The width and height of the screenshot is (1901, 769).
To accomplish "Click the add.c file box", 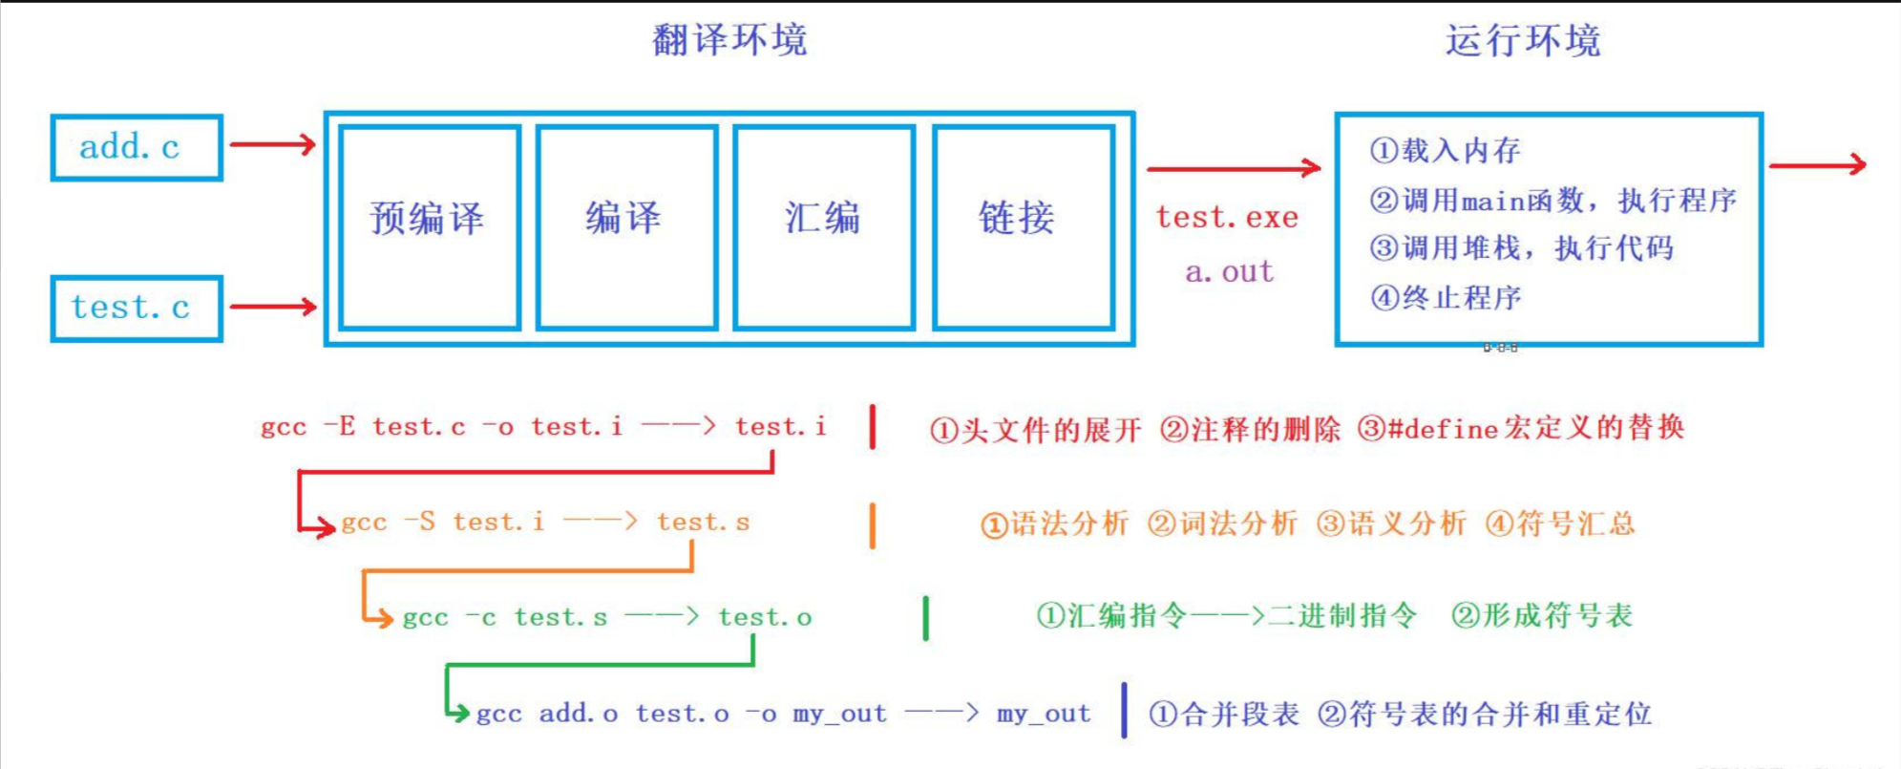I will pos(137,147).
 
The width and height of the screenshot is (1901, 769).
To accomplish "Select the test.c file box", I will pos(137,308).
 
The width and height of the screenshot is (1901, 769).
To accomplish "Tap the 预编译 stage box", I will pos(430,227).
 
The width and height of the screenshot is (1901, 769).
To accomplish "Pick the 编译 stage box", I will pos(626,227).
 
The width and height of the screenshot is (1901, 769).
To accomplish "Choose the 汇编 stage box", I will pos(824,227).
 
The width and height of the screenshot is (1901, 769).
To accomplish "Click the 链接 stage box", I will pos(1023,227).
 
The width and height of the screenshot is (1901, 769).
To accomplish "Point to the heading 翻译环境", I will pos(729,40).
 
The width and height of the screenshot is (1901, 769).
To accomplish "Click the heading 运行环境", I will pos(1522,40).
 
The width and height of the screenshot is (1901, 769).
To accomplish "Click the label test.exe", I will pos(1227,218).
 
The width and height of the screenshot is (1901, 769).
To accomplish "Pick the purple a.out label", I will pos(1229,272).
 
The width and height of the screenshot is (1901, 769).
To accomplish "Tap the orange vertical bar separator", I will pos(872,525).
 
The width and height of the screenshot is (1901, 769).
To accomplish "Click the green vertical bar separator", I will pos(925,618).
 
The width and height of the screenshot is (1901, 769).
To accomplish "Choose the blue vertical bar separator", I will pos(1124,711).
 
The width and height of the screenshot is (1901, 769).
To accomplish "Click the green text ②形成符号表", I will pos(1541,616).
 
